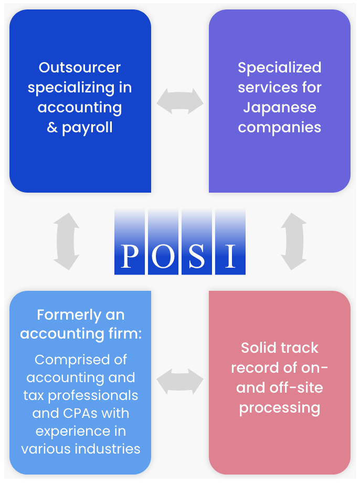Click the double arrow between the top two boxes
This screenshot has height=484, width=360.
pyautogui.click(x=180, y=101)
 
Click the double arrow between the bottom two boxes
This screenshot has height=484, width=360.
pyautogui.click(x=180, y=381)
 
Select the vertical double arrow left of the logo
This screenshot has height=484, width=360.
pyautogui.click(x=67, y=241)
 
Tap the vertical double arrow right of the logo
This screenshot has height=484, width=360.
pyautogui.click(x=293, y=241)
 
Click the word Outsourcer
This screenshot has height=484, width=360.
pyautogui.click(x=80, y=68)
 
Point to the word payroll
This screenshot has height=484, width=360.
pyautogui.click(x=87, y=128)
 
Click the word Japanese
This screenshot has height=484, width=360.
pyautogui.click(x=279, y=108)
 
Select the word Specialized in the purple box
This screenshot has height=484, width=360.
pyautogui.click(x=279, y=68)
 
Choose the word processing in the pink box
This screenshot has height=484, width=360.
pyautogui.click(x=279, y=408)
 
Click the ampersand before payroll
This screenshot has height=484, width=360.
pyautogui.click(x=52, y=128)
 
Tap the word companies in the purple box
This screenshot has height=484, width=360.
pyautogui.click(x=279, y=128)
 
